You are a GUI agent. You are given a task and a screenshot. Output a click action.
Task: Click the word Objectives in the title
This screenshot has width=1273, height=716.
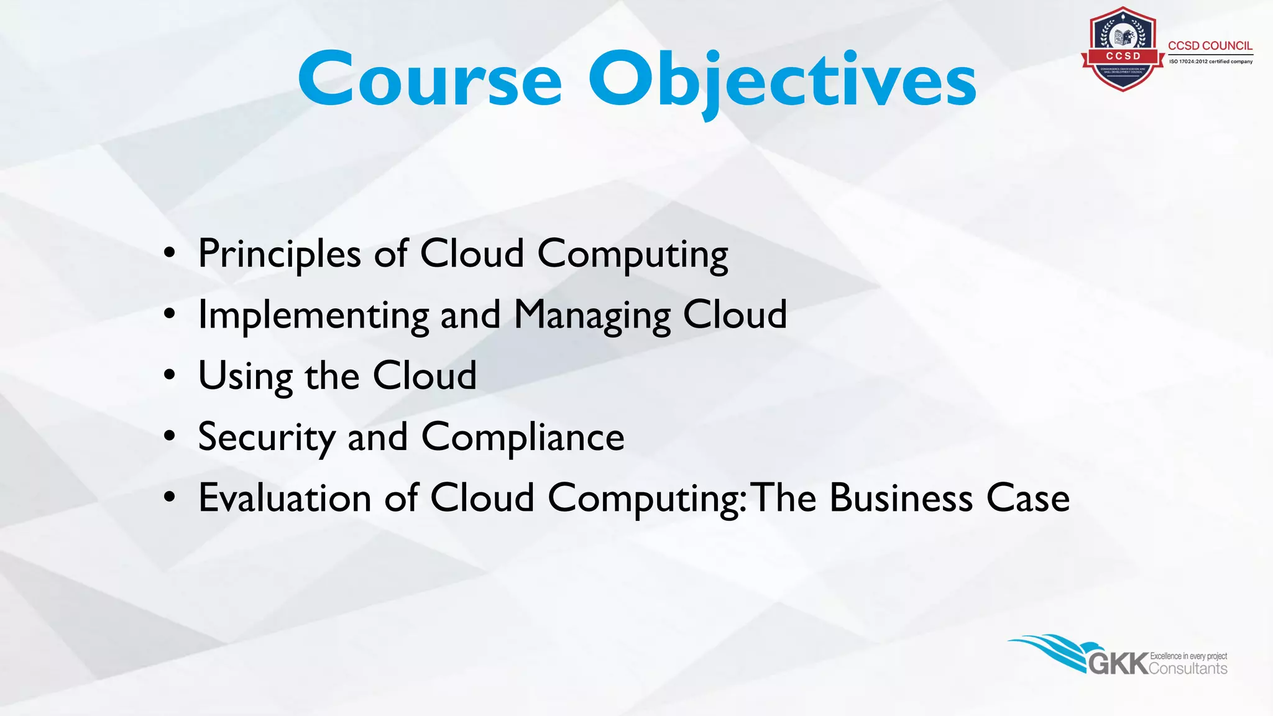pyautogui.click(x=782, y=81)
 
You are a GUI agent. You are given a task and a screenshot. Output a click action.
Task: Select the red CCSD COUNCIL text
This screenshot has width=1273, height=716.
pyautogui.click(x=1210, y=46)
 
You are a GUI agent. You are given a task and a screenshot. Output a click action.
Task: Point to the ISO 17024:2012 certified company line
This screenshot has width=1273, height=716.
pyautogui.click(x=1210, y=62)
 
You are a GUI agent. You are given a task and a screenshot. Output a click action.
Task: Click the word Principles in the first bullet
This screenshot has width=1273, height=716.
pyautogui.click(x=279, y=254)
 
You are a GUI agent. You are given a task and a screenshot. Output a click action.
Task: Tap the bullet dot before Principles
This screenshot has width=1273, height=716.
pyautogui.click(x=170, y=254)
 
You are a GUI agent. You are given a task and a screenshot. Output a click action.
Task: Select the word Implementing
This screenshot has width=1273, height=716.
pyautogui.click(x=313, y=315)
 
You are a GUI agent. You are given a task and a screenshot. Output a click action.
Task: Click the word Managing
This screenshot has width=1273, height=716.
pyautogui.click(x=592, y=315)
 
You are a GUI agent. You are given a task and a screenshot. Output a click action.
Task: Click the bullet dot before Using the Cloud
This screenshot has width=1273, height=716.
pyautogui.click(x=170, y=376)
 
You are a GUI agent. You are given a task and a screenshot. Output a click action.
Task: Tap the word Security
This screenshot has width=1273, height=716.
pyautogui.click(x=266, y=437)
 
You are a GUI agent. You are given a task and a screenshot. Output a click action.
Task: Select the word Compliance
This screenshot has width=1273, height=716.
pyautogui.click(x=523, y=437)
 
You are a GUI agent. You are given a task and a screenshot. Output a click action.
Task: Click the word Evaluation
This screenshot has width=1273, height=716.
pyautogui.click(x=285, y=498)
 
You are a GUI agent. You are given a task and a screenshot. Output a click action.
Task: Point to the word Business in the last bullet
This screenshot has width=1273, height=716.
pyautogui.click(x=901, y=498)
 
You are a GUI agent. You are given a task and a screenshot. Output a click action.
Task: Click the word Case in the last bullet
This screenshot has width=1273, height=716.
pyautogui.click(x=1027, y=498)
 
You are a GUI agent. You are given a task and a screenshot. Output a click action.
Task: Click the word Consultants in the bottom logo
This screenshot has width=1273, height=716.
pyautogui.click(x=1188, y=669)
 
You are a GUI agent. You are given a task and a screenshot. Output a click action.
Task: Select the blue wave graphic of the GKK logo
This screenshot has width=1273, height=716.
pyautogui.click(x=1050, y=649)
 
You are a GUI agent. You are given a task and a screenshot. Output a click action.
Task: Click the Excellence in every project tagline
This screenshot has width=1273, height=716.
pyautogui.click(x=1188, y=656)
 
